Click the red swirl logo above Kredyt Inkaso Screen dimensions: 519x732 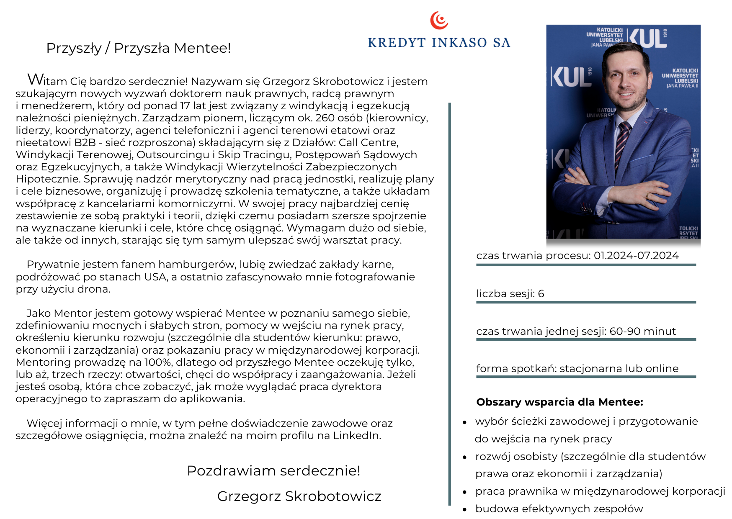pos(439,20)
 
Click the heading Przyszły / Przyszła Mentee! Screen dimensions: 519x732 pos(138,48)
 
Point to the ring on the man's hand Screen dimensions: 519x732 pos(648,195)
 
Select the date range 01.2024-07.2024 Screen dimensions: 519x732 pos(636,256)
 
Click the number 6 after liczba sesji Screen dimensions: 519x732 pos(541,294)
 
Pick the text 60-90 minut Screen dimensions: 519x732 pos(642,331)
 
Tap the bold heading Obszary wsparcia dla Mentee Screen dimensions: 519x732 pos(559,402)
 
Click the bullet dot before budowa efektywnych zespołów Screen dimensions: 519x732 pos(464,510)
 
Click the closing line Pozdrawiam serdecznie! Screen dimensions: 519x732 pos(273,471)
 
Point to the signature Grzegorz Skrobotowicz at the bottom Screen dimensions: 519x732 pos(299,496)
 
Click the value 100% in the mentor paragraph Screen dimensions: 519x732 pos(156,362)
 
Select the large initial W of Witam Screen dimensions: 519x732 pos(35,79)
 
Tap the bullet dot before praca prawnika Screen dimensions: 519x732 pos(464,492)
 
